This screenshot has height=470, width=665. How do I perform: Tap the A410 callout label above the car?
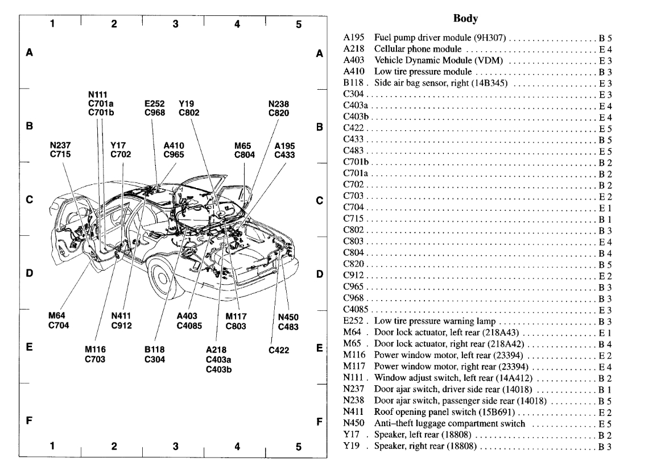174,145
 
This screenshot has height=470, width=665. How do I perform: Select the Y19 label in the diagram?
186,104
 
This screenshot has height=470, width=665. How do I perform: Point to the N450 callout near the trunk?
289,317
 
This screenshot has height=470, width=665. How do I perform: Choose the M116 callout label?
95,350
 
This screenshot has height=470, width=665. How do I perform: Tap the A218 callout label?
216,350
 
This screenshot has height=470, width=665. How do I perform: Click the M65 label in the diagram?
243,145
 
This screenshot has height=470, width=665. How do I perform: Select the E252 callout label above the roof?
155,104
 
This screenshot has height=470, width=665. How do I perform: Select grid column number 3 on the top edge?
175,24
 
